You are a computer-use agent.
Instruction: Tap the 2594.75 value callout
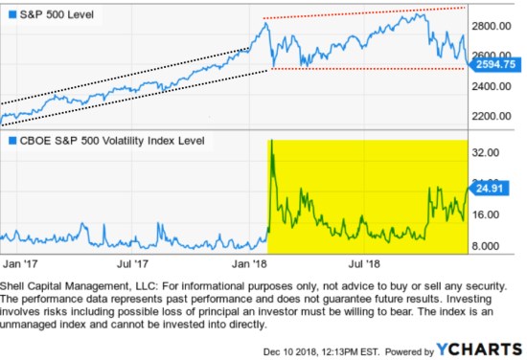(x=497, y=65)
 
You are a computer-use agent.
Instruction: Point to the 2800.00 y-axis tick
(x=497, y=26)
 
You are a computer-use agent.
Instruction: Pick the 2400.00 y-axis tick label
(x=497, y=86)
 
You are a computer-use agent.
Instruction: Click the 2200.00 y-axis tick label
(x=497, y=116)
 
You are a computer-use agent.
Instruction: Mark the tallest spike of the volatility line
(x=272, y=142)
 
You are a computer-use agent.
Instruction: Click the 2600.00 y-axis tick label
(x=497, y=56)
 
